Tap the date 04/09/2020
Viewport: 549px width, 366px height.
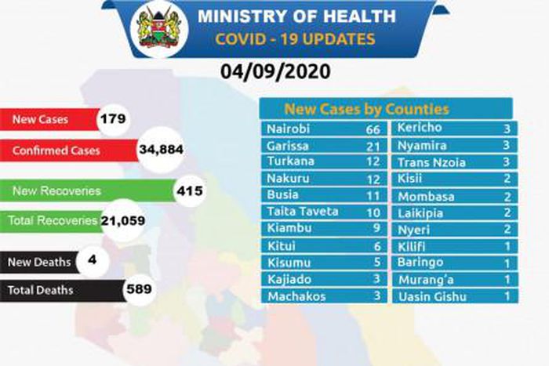[275, 73]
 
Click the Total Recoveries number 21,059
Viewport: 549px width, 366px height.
[123, 222]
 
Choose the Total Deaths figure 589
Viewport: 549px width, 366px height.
[138, 289]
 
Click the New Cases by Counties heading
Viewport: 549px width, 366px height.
[366, 109]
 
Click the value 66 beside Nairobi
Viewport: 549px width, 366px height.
[372, 129]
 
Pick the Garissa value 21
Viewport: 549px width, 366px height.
[372, 146]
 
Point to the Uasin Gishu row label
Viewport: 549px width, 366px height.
[432, 296]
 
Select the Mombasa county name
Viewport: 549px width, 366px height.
[426, 196]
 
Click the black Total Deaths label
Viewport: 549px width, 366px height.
[40, 290]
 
